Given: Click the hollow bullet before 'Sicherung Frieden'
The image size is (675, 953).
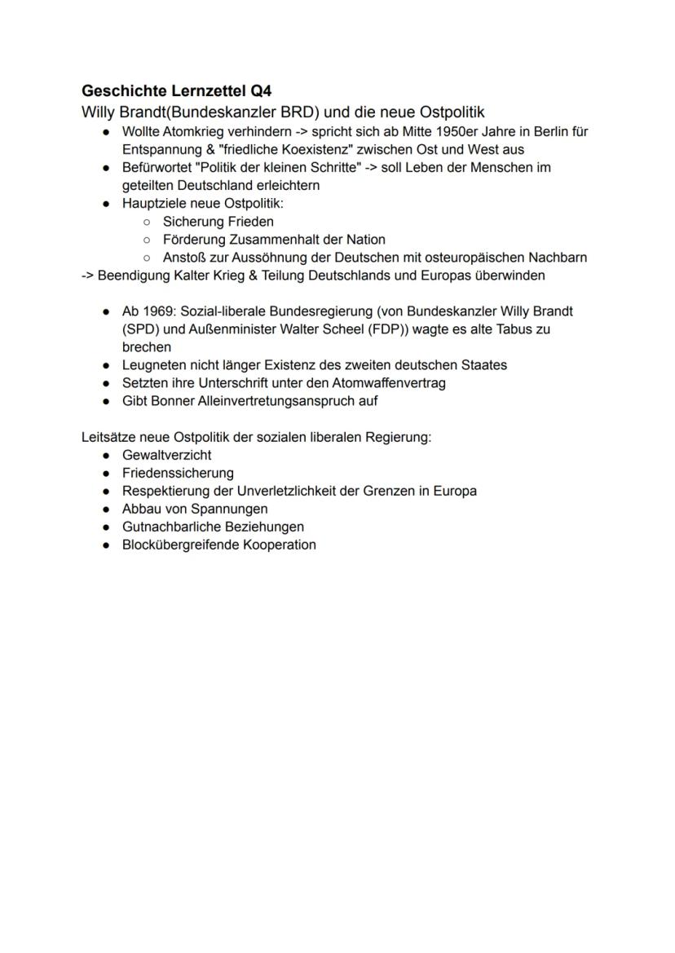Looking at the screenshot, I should tap(146, 222).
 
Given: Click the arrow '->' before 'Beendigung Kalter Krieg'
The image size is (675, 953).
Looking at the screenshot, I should tap(87, 276).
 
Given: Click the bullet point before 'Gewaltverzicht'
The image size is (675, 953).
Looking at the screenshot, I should tap(107, 456).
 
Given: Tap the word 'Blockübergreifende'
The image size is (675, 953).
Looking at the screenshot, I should tap(180, 545).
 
